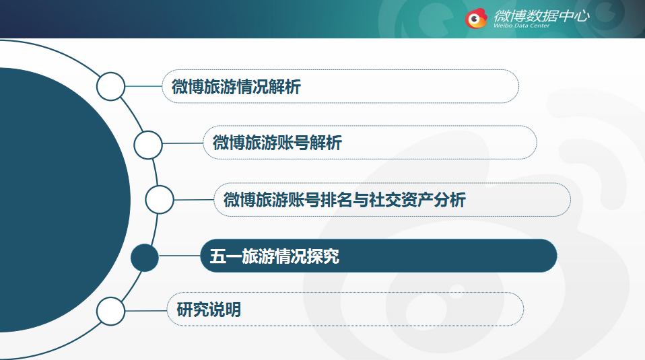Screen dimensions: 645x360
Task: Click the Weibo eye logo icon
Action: coord(477,18)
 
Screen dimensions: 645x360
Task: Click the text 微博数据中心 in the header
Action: coord(542,15)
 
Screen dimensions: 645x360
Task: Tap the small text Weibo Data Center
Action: coord(522,26)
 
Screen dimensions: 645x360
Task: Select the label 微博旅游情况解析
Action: coord(236,87)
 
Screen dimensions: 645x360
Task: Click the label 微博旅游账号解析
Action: coord(277,143)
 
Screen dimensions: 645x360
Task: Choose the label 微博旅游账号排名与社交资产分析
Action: coord(345,200)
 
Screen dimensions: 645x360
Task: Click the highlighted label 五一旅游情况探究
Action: coord(275,256)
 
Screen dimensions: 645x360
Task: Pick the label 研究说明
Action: coord(209,310)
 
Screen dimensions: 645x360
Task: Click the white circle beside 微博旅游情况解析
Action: coord(110,86)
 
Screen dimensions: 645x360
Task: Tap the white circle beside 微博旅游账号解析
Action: coord(148,145)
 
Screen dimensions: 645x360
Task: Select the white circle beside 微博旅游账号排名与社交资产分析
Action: coord(160,200)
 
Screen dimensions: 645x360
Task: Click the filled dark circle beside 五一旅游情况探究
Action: coord(144,258)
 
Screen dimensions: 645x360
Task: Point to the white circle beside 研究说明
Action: coord(110,311)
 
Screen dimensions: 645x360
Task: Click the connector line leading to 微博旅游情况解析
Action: coord(143,86)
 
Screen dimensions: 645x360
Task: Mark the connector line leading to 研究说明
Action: coord(146,311)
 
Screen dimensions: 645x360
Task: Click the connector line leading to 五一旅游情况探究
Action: coord(180,256)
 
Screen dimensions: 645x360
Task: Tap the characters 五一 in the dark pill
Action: coord(226,256)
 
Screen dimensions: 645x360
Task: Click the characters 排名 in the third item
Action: coord(337,200)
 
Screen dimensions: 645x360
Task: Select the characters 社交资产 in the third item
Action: coord(401,200)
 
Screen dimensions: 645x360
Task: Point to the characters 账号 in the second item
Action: coord(294,143)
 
